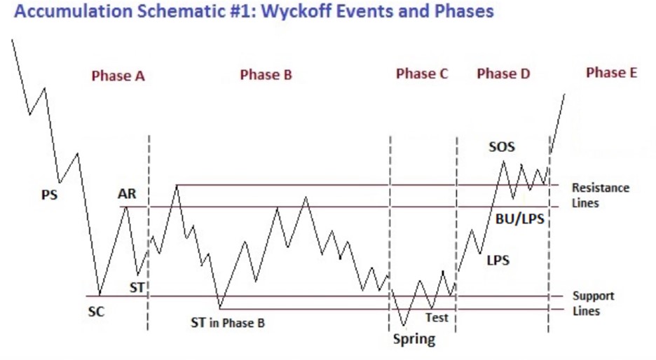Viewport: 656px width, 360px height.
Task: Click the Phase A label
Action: [118, 76]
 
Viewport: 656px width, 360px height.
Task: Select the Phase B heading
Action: [266, 74]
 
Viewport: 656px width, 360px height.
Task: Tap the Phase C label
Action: [422, 74]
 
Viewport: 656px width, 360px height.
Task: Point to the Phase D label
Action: [503, 74]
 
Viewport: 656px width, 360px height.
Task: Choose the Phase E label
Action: [611, 72]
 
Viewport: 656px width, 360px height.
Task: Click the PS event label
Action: [49, 195]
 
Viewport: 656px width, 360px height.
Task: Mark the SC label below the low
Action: [96, 312]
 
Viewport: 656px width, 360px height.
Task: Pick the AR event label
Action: [127, 193]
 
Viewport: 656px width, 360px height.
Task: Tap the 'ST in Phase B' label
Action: [228, 323]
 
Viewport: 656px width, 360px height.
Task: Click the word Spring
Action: [414, 339]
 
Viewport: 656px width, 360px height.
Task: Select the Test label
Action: [437, 318]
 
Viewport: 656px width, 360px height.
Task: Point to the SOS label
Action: [502, 147]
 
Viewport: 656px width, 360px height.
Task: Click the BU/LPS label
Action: [519, 219]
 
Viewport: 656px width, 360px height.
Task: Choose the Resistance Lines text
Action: [601, 195]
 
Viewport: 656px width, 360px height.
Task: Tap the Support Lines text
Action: [593, 303]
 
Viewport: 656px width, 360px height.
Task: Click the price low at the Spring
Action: [404, 325]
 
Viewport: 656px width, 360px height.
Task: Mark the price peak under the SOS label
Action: [503, 161]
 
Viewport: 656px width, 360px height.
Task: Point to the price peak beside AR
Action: [126, 207]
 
